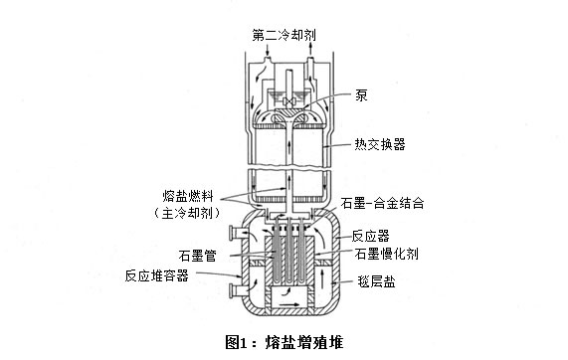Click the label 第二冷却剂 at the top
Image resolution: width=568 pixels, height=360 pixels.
tap(284, 35)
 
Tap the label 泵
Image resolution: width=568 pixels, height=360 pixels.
tap(361, 94)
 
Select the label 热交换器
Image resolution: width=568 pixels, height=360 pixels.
tap(380, 144)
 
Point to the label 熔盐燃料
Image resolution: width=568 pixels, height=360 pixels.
tap(188, 196)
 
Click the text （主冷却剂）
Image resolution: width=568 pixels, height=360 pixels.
tap(187, 213)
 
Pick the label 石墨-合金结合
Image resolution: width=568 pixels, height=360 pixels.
tap(382, 203)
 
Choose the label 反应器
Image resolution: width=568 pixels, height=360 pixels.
tap(371, 236)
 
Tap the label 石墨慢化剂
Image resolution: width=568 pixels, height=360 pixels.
tap(387, 254)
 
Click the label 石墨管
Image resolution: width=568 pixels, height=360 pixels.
tap(197, 256)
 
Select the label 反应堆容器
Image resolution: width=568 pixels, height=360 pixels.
tap(157, 275)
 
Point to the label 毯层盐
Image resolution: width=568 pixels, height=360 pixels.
tap(376, 281)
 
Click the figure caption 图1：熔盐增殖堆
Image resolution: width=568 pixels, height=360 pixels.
tap(284, 342)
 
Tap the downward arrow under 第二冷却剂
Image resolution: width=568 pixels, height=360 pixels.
tap(268, 50)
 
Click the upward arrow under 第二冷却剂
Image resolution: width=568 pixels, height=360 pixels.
tap(310, 49)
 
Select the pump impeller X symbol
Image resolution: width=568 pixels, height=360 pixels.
tap(288, 101)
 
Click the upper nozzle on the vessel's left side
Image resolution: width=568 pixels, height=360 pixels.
tap(237, 232)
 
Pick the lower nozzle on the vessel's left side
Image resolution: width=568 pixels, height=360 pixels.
tap(237, 290)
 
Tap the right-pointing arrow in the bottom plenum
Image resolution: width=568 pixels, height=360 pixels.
tap(289, 304)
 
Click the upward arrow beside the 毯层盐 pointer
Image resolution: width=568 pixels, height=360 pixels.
tap(322, 278)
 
